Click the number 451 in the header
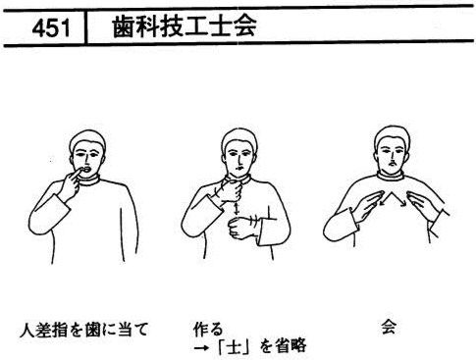(51, 27)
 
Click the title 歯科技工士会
(185, 26)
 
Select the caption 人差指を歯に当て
(84, 330)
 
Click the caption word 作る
(208, 329)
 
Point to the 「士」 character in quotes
(233, 346)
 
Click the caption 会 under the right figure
(389, 327)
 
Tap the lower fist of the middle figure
(241, 228)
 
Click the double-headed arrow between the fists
(237, 209)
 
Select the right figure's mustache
(393, 162)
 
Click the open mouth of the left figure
(87, 170)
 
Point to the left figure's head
(87, 154)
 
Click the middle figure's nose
(239, 160)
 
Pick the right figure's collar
(392, 176)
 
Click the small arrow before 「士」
(201, 347)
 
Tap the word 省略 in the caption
(291, 346)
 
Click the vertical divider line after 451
(85, 27)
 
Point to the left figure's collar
(89, 180)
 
